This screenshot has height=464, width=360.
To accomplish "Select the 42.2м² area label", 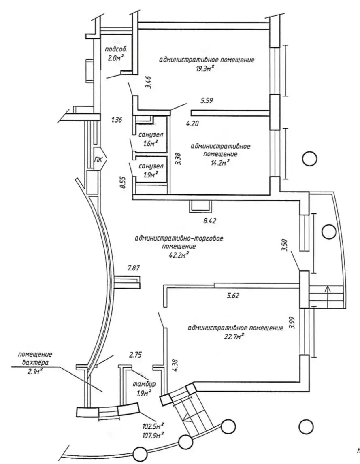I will point(179,255).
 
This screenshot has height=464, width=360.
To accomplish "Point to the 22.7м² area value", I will point(235,336).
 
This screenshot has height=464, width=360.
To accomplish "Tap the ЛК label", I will point(98,160).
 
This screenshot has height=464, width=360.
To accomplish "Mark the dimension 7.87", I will point(134,268).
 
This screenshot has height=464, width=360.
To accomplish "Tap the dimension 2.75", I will point(136,355).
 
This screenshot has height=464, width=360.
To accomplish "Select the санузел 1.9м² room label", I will point(151,170).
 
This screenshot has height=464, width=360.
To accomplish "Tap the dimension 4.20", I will point(192,124).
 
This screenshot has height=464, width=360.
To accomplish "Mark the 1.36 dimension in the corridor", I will point(117,120).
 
